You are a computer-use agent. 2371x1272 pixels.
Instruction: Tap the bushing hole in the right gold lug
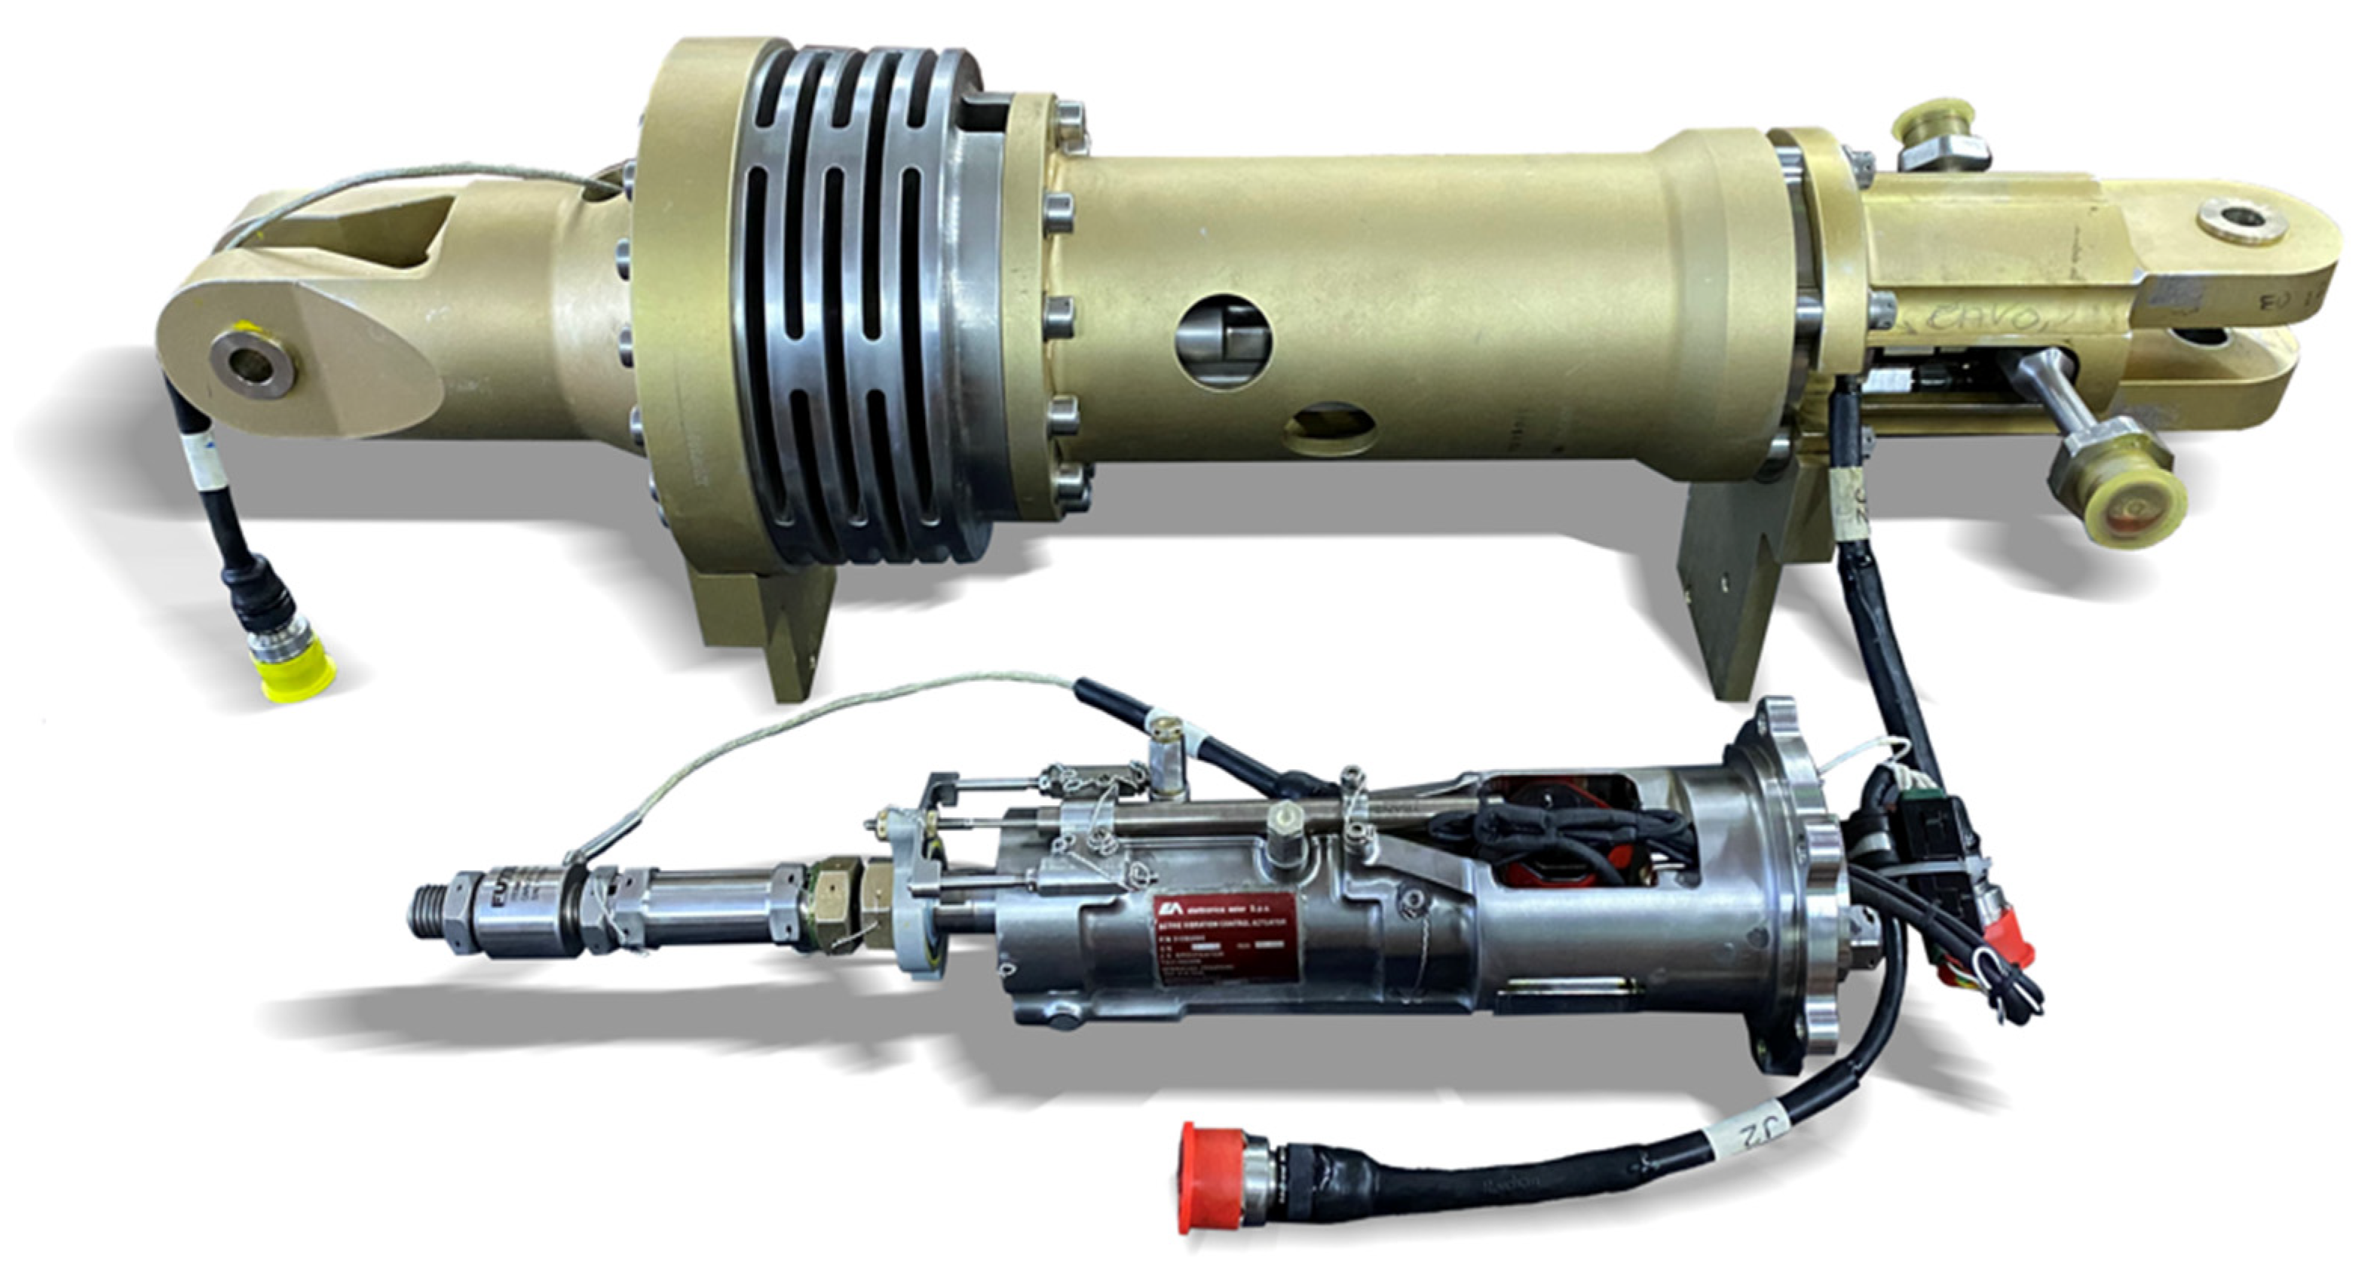(x=2238, y=222)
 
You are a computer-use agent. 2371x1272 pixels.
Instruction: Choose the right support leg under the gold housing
(x=1730, y=589)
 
